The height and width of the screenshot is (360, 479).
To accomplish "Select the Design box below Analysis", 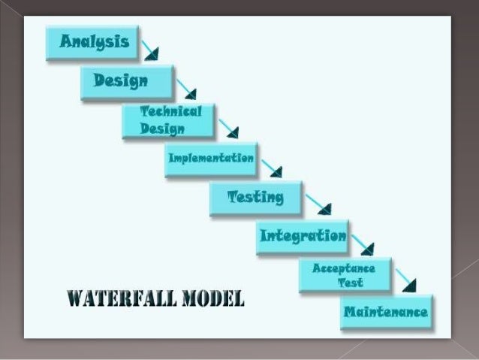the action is coord(127,81).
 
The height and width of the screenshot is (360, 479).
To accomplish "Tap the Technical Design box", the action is coord(168,120).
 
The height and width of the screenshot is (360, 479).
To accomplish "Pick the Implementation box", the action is coord(211,159).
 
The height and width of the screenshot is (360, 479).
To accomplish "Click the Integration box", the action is coord(303,237).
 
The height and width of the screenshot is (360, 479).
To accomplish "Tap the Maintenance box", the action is coord(386,312).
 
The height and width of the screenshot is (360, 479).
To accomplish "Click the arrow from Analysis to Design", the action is coord(150,49).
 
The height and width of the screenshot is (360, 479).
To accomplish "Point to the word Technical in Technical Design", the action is coord(171,112).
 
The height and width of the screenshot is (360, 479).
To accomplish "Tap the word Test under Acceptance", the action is coord(350,283).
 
